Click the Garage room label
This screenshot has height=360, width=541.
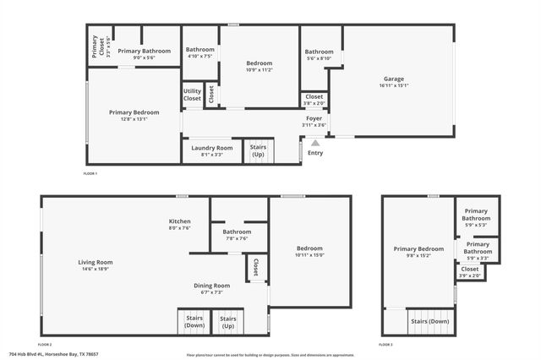point(394,79)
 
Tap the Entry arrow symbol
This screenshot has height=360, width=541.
point(314,144)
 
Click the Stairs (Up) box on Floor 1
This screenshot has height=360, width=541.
point(258,151)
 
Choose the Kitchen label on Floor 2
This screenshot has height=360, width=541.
point(179,221)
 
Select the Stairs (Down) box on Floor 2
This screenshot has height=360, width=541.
point(195,322)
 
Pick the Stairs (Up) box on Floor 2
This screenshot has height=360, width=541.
point(227,322)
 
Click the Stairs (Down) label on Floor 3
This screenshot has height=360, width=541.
point(429,321)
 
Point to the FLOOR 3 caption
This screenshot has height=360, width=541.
point(385,346)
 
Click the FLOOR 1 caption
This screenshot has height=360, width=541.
point(90,173)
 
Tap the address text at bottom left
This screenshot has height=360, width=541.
point(43,354)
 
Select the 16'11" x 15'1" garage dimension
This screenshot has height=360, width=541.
point(394,85)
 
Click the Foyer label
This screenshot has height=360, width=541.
point(314,118)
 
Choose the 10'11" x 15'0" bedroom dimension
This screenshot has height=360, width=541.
point(310,254)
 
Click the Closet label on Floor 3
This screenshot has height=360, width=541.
point(469,269)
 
